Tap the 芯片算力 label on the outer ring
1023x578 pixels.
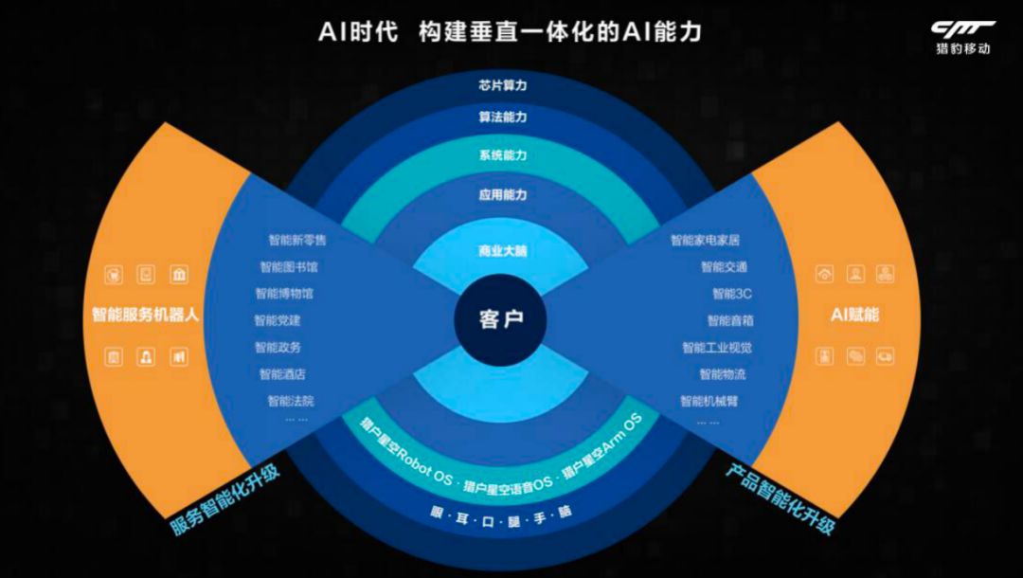[502, 85]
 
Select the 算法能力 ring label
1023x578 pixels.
[502, 117]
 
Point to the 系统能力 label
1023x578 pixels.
[502, 154]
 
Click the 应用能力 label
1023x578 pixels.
[502, 194]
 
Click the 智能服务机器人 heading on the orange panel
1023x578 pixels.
[145, 315]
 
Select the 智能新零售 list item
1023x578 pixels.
[297, 241]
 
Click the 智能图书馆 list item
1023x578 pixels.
[289, 267]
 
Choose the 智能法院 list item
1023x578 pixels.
[290, 401]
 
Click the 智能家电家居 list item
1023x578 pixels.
[706, 241]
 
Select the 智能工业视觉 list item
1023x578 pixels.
[716, 348]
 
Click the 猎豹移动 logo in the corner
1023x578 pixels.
[960, 38]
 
